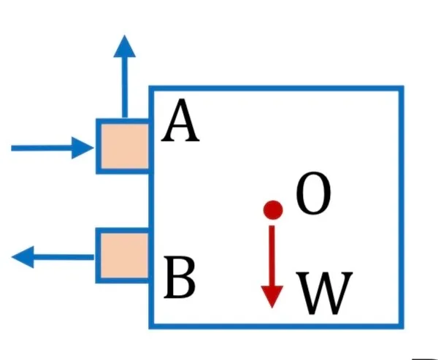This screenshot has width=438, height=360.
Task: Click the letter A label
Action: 180,120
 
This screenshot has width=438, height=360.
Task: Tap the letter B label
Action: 180,277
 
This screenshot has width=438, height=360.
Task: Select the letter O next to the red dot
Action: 313,193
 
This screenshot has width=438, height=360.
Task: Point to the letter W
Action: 324,293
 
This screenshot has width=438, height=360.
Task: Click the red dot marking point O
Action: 273,210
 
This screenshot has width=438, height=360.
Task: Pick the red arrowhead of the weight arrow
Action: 272,296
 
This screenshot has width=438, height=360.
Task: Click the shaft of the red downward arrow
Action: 272,256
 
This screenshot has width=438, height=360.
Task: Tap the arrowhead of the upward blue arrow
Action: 125,46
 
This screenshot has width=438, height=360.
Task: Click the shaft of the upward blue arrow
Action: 125,88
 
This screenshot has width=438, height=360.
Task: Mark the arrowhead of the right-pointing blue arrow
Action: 82,148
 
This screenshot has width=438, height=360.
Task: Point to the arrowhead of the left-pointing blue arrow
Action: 23,257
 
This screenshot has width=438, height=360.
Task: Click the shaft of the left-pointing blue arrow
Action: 64,257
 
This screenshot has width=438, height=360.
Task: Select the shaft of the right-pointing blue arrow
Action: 42,148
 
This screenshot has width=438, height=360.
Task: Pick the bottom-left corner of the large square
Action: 151,326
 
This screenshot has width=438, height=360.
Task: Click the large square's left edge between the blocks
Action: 151,201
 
